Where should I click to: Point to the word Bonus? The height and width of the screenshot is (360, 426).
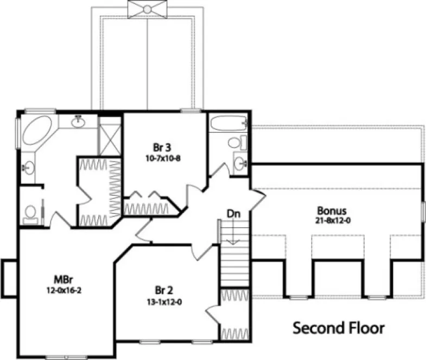332,210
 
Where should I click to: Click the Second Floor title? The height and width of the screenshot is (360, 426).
339,328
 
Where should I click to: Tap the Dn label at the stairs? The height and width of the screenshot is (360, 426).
233,214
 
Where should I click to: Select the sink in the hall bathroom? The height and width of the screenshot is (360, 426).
239,162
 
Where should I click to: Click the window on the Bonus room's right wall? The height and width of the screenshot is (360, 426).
423,211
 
